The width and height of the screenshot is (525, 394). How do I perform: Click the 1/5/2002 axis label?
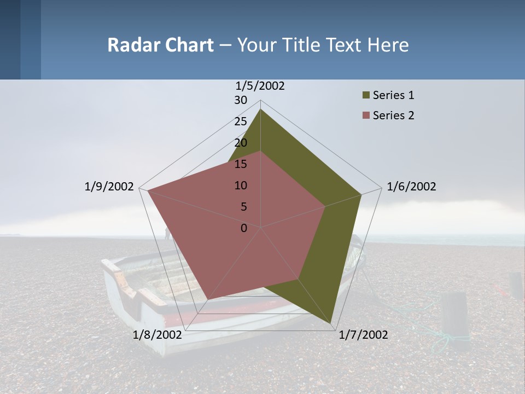tap(260, 86)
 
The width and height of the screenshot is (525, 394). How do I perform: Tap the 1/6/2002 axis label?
tap(411, 187)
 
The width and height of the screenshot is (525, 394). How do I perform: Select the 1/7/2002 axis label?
tap(363, 335)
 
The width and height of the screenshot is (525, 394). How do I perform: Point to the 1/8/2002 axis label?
tap(157, 335)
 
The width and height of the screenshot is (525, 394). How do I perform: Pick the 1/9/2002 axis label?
tap(109, 187)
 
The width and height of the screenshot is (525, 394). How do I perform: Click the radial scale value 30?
tap(241, 100)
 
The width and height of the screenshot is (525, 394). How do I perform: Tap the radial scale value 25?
tap(241, 121)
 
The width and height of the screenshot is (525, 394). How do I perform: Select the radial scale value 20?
tap(241, 143)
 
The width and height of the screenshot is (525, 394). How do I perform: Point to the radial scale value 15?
tap(241, 164)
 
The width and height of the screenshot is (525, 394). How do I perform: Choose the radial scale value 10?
tap(241, 186)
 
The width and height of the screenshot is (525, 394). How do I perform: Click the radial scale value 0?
tap(244, 228)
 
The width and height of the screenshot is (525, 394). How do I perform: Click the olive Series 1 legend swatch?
tap(366, 96)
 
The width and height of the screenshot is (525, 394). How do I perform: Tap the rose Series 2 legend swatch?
tap(366, 115)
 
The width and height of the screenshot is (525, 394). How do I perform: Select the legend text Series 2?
tap(393, 115)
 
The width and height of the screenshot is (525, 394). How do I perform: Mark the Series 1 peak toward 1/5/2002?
tap(260, 109)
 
